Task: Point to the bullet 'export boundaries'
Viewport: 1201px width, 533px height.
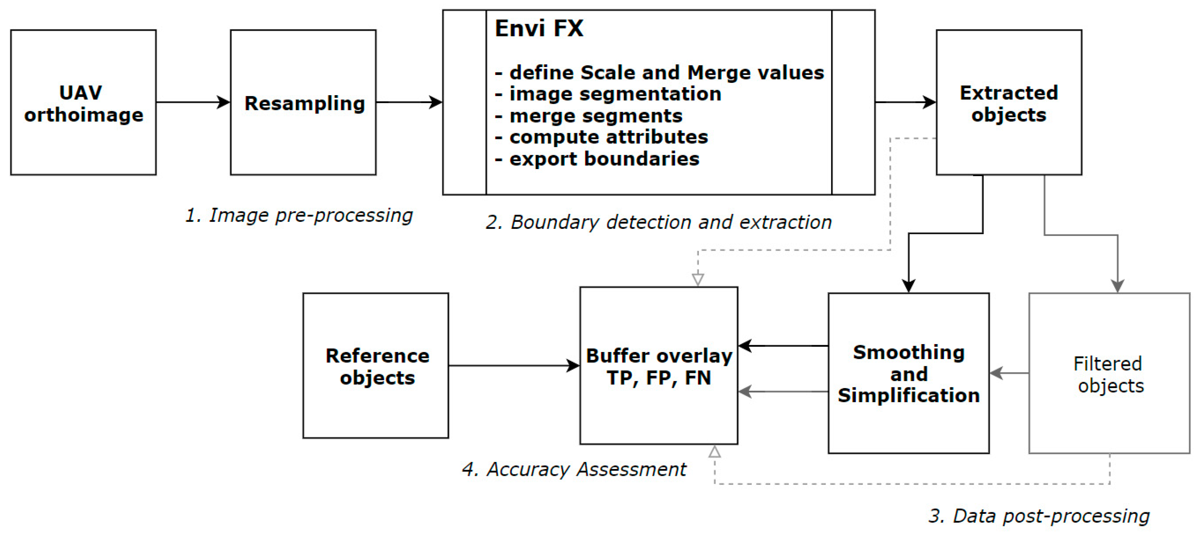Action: [x=604, y=159]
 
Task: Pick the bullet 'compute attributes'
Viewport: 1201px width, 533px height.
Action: [x=608, y=137]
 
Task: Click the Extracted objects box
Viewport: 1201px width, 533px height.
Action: [x=1008, y=103]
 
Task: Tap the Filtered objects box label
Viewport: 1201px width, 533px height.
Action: [x=1109, y=374]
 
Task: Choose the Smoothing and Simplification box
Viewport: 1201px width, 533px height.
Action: [x=908, y=373]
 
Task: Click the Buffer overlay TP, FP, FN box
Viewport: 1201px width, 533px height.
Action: [x=658, y=366]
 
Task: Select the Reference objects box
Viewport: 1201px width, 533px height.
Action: [x=376, y=366]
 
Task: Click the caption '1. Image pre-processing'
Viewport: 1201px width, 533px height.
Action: [x=299, y=215]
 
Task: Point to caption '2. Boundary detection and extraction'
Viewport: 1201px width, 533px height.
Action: [x=658, y=223]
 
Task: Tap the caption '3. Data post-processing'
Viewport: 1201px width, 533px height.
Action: [x=1039, y=516]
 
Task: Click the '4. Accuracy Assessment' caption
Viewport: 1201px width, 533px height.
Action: [x=574, y=469]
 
